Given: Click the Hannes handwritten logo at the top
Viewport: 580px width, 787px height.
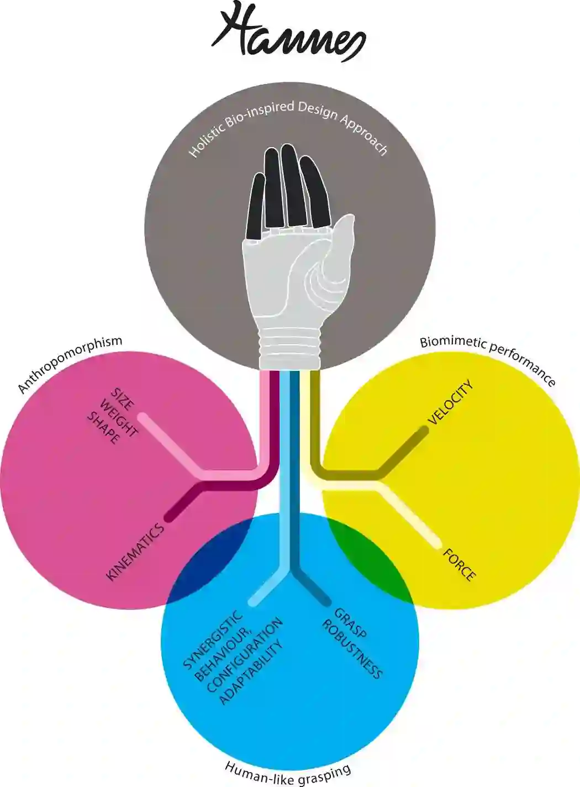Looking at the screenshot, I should coord(287,33).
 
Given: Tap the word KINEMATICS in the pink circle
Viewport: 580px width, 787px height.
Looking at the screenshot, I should coord(135,552).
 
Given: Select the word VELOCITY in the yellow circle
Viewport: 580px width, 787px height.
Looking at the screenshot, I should coord(451,402).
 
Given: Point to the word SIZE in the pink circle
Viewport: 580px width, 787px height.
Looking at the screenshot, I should coord(123,400).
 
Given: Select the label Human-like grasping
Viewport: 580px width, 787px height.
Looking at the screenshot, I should coord(288,773).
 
